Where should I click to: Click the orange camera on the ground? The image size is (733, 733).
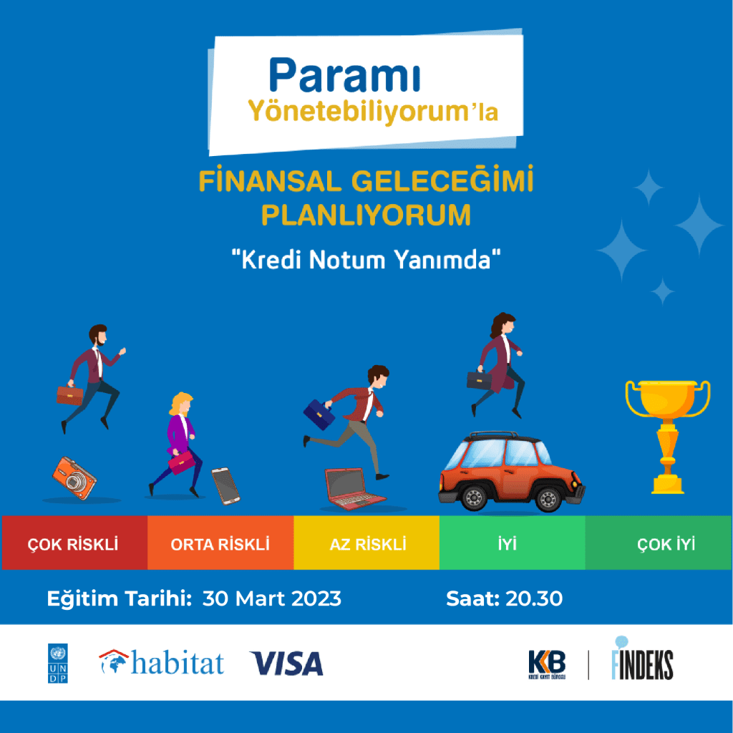point(74,477)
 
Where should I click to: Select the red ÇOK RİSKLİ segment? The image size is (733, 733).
point(74,543)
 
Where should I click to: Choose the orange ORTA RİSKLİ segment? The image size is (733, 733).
point(220,543)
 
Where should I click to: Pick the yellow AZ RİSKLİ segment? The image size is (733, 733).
point(366,543)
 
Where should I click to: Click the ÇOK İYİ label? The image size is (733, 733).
point(666,544)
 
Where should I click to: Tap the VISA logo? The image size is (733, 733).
point(286,664)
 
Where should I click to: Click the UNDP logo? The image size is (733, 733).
point(57,664)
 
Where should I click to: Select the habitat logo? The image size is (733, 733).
point(161,662)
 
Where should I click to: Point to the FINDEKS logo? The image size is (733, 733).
point(642,659)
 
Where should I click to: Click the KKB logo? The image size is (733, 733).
point(547,664)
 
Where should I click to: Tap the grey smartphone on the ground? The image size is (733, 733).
point(225,486)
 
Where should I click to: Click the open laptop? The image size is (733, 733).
point(354,489)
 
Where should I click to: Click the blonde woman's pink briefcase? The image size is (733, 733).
point(181,462)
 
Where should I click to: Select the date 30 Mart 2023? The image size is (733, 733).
point(271,599)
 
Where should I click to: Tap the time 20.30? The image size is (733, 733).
point(534,599)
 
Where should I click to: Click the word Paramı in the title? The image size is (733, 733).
point(345,75)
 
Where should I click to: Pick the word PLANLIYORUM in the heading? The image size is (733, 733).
point(366,215)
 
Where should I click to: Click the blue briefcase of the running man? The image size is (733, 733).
point(319,414)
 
